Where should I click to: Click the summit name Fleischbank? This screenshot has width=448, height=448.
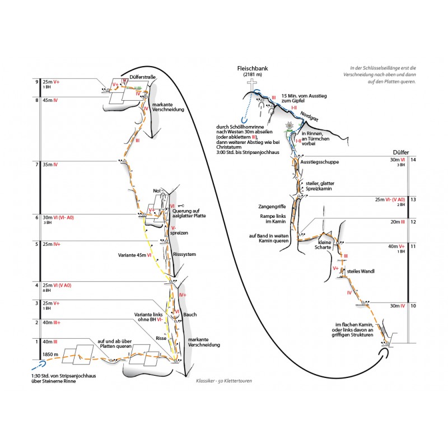point(252,68)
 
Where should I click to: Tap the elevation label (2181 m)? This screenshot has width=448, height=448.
point(252,75)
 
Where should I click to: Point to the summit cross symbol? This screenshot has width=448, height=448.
point(253,86)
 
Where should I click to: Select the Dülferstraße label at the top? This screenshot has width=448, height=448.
point(142,76)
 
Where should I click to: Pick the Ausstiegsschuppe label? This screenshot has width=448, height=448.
point(320,162)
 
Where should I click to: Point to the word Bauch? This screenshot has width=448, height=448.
point(190,315)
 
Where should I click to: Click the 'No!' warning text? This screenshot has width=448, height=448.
point(157,192)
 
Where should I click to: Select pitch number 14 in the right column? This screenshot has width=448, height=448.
point(413,160)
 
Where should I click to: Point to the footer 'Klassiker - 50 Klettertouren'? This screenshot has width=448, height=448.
point(224,380)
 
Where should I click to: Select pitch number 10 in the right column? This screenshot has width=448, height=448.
point(413,306)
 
